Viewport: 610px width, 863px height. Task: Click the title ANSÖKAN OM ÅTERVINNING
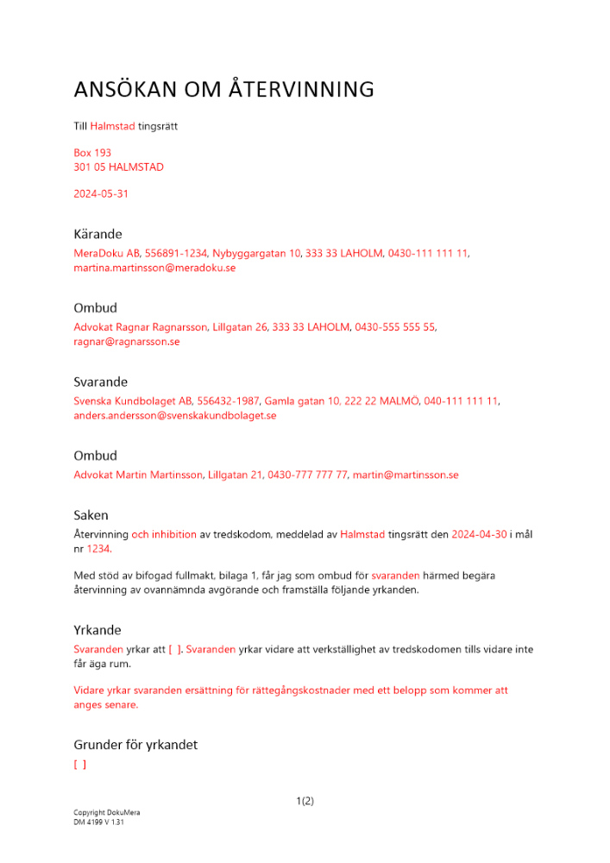(x=223, y=90)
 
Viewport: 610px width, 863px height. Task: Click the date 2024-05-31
(x=101, y=194)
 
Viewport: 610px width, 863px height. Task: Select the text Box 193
(x=92, y=153)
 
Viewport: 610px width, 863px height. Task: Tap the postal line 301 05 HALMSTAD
(x=118, y=167)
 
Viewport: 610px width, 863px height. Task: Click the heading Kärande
(x=97, y=234)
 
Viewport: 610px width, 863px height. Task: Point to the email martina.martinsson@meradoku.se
(x=154, y=268)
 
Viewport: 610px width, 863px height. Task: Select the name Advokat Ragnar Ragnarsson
(x=141, y=327)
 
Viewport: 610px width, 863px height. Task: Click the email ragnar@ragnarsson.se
(x=126, y=342)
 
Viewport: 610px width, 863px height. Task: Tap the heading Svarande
(x=100, y=381)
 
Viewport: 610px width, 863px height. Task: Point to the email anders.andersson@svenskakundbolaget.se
(x=174, y=416)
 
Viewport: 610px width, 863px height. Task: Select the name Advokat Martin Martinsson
(x=138, y=475)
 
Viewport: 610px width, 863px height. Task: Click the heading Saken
(x=91, y=515)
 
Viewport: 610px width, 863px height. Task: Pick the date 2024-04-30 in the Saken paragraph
(x=479, y=534)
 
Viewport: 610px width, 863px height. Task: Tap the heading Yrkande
(x=97, y=630)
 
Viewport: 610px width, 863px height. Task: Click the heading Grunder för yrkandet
(x=135, y=745)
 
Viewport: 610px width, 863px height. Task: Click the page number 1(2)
(x=305, y=801)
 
